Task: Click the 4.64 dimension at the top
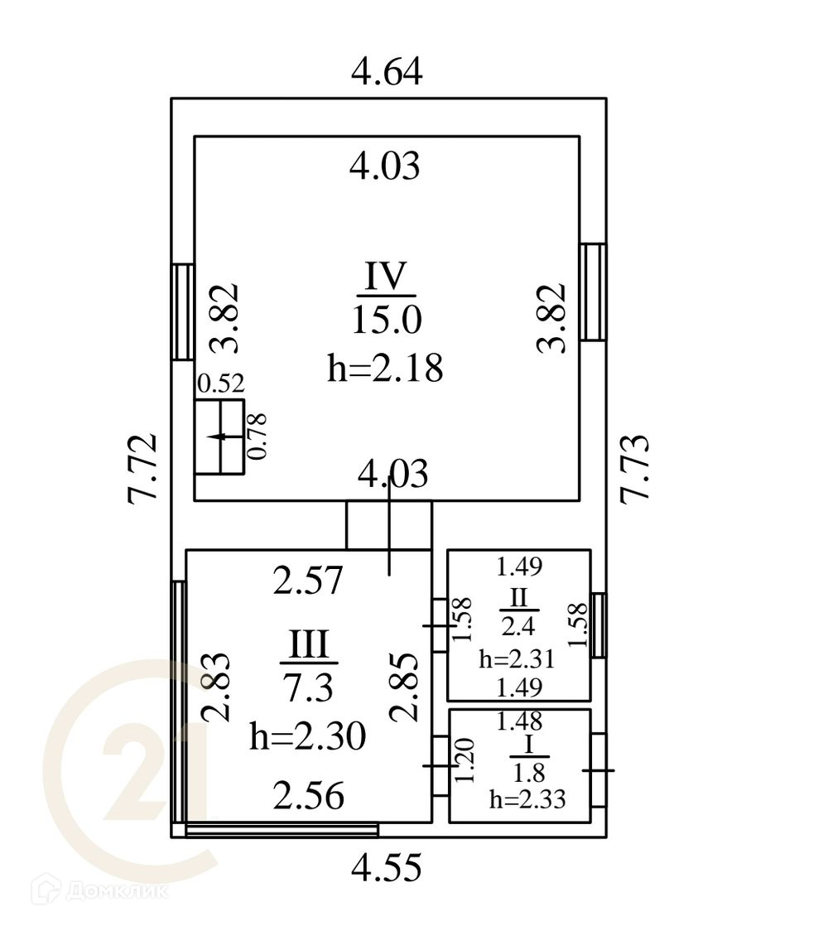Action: pyautogui.click(x=387, y=72)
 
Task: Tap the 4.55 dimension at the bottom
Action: pyautogui.click(x=387, y=868)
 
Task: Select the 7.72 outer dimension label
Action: pyautogui.click(x=142, y=466)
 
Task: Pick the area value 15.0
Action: pyautogui.click(x=387, y=319)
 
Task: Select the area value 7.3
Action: pyautogui.click(x=308, y=686)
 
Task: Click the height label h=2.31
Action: pyautogui.click(x=517, y=660)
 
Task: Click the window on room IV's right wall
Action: pyautogui.click(x=592, y=292)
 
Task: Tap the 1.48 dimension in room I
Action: pyautogui.click(x=519, y=722)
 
